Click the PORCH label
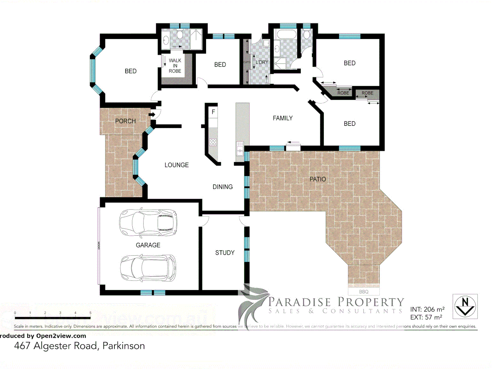click(125, 121)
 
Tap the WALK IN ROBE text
click(175, 66)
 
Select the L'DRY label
click(262, 62)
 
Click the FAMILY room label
click(283, 118)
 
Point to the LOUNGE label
click(176, 165)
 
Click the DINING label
click(222, 187)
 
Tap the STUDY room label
click(224, 253)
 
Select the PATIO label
click(317, 179)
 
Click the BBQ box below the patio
click(364, 292)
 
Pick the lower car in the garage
click(148, 268)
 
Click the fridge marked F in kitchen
click(213, 112)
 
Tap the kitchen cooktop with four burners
click(213, 142)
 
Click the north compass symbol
click(465, 306)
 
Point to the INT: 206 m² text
click(427, 309)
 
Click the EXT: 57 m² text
click(426, 317)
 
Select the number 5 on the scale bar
click(90, 313)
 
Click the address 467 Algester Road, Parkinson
click(79, 346)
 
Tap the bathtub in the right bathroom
click(287, 34)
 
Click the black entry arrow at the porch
click(152, 114)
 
